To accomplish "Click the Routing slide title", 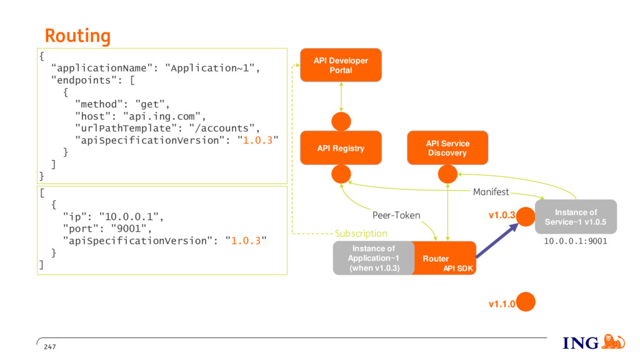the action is click(x=77, y=36).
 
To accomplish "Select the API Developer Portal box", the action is click(x=341, y=65).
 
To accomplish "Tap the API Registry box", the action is click(x=341, y=147).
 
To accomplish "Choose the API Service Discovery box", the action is click(x=447, y=147).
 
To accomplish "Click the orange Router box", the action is click(x=445, y=258).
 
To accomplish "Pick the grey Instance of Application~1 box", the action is click(x=374, y=258).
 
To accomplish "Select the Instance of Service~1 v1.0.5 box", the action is click(x=576, y=217).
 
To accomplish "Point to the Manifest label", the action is click(x=491, y=192).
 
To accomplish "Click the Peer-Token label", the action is click(x=396, y=215).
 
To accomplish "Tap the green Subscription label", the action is click(x=361, y=234).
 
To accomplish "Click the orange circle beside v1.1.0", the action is click(x=526, y=302).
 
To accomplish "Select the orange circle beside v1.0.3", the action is click(x=526, y=216).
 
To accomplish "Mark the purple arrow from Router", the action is click(x=497, y=241).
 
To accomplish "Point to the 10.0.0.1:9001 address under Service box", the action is click(x=576, y=241).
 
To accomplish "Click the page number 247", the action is click(x=50, y=346).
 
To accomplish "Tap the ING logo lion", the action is click(x=613, y=342).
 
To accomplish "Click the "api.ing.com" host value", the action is click(x=162, y=116).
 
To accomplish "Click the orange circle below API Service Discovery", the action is click(x=447, y=174).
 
